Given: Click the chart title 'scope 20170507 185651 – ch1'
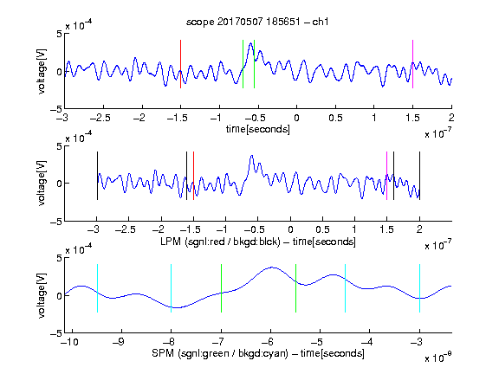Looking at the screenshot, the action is click(x=257, y=22).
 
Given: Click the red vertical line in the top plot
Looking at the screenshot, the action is click(x=180, y=64).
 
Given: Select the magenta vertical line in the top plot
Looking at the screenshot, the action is click(x=412, y=64).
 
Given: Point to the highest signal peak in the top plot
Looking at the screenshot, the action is click(x=250, y=43).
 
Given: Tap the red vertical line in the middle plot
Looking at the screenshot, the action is click(x=193, y=176).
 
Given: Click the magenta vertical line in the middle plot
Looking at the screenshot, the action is click(x=386, y=176).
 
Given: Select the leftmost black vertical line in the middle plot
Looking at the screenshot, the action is click(x=97, y=176).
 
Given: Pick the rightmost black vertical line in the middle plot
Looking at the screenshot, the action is click(x=419, y=176).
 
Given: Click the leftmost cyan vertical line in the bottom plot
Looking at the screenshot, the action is click(x=97, y=288).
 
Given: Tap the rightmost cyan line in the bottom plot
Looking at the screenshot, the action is click(x=419, y=288).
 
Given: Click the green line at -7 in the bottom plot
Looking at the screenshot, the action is click(x=221, y=288).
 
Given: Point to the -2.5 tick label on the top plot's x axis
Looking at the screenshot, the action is click(x=100, y=119).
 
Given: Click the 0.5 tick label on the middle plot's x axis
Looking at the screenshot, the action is click(x=322, y=229).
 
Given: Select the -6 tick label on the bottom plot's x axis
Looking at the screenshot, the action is click(x=270, y=342).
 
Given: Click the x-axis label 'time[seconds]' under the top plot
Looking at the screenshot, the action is click(x=258, y=130).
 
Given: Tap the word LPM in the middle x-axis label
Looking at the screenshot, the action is click(x=171, y=242).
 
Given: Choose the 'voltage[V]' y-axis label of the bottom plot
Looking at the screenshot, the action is click(x=42, y=295).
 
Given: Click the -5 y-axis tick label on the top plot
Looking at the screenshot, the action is click(x=56, y=109).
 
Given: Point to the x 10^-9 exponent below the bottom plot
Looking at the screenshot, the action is click(x=437, y=358).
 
